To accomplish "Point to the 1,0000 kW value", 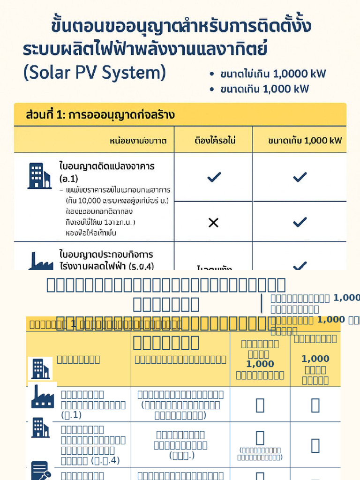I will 299,74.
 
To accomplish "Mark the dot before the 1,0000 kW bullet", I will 212,75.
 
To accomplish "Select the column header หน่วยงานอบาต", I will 138,141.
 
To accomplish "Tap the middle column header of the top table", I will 213,141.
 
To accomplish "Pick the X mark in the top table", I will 213,222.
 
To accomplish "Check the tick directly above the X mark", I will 214,177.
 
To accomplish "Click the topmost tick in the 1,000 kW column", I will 300,177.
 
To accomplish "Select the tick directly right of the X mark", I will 300,222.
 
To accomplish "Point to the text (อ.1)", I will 69,179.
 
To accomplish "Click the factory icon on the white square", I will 43,396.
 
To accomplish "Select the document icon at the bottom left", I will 40,470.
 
